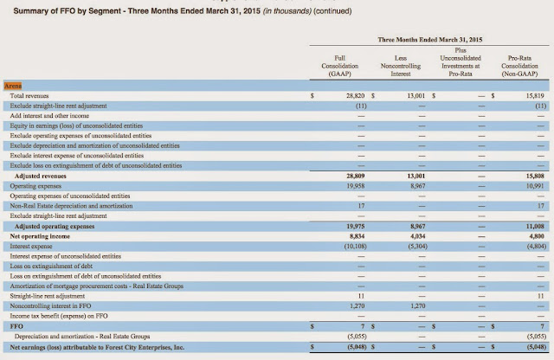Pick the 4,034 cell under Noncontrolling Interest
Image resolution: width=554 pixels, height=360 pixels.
pos(413,235)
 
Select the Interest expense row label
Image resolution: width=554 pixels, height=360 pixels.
pos(31,245)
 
